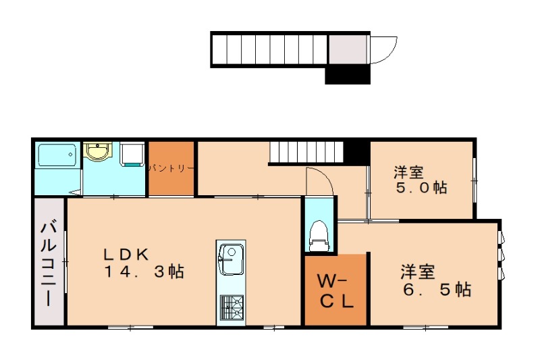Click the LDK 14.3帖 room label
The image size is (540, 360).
click(x=144, y=263)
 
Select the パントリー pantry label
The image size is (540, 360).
click(x=171, y=168)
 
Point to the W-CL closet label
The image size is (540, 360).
click(x=335, y=292)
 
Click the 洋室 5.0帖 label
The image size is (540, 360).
click(x=421, y=180)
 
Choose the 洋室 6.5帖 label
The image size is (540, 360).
click(x=435, y=281)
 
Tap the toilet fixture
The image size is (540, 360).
click(x=319, y=235)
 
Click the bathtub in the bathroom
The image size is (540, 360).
click(x=57, y=155)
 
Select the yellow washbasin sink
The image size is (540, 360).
click(x=98, y=151)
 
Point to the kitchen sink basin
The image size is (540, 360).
click(x=231, y=259)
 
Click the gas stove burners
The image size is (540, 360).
click(x=232, y=307)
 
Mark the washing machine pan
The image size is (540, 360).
click(x=132, y=155)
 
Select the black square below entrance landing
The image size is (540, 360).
click(x=348, y=75)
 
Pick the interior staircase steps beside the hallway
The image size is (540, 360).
click(x=306, y=152)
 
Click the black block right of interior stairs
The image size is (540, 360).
click(x=357, y=152)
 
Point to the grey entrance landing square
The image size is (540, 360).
click(x=348, y=49)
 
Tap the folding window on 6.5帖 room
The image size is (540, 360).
click(x=501, y=255)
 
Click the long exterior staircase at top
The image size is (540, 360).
click(x=269, y=49)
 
